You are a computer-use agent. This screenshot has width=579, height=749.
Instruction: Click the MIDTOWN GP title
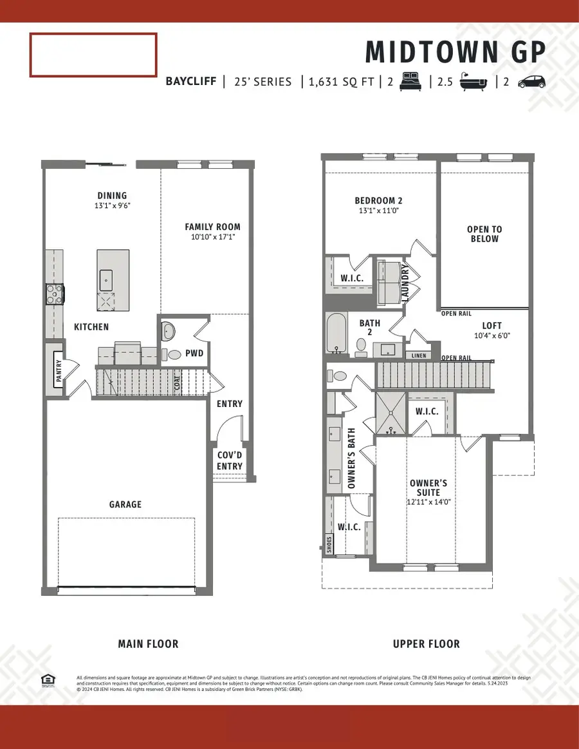point(455,52)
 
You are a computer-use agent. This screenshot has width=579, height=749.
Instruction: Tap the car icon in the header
point(531,82)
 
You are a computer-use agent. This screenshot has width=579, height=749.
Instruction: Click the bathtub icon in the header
point(473,82)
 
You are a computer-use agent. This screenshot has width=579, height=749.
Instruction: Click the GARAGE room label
point(125,504)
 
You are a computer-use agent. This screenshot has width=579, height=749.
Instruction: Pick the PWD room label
point(194,353)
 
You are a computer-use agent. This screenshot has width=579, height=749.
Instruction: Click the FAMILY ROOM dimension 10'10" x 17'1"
point(212,237)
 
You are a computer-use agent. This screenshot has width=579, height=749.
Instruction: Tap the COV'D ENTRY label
point(230,460)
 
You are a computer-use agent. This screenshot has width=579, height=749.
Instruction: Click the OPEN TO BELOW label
point(484,234)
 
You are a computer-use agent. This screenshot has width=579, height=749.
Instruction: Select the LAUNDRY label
point(405,281)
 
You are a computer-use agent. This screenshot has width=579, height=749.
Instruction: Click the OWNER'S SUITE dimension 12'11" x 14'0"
point(429,502)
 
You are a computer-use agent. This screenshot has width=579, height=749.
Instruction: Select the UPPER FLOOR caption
point(427,643)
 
